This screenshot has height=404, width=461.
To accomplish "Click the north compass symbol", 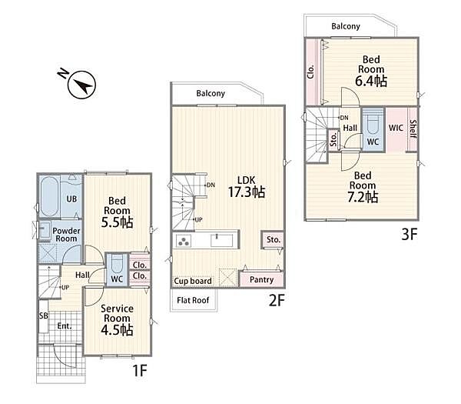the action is pos(79,83).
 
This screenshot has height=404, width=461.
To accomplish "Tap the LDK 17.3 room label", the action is pos(247,187).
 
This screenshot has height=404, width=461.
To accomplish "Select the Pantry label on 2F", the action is pos(261,279).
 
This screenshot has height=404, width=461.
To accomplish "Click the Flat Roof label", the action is pos(193,300).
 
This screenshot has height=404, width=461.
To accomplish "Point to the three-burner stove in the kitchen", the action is pos(183,241).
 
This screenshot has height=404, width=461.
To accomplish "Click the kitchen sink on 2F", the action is pos(222,240).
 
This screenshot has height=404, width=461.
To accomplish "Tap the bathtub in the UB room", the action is pos(49,196).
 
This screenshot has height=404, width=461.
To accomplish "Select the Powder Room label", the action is pos(66,235).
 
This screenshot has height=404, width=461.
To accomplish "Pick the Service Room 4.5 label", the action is pos(117,320).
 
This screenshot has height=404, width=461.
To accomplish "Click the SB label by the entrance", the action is pos(44,316).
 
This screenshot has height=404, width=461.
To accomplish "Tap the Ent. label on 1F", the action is pos(65,326).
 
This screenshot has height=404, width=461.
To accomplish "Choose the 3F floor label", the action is pos(410,235).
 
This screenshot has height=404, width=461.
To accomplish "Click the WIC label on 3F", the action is pos(396,128).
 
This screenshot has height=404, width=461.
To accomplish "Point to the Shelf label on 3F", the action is pos(413,129).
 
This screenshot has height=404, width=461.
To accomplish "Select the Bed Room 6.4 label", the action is pos(371,72).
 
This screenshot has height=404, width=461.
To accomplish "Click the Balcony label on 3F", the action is pos(346,26).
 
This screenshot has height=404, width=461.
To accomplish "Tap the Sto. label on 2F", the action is pos(274,239).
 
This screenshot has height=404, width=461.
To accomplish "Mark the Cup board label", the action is pos(193,281).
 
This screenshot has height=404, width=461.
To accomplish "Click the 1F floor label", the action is pos(140,370).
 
